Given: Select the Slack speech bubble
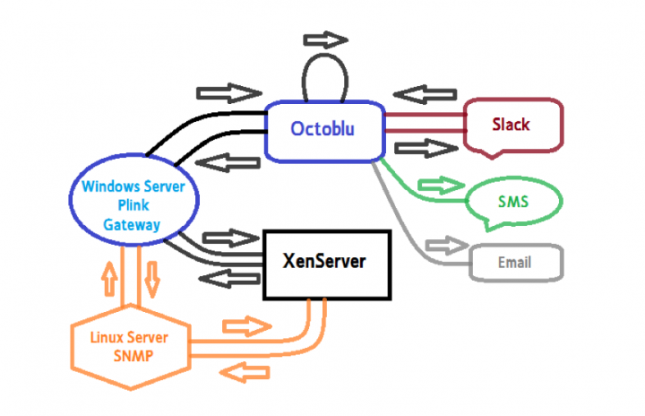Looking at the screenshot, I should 512,126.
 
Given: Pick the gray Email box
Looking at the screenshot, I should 515,264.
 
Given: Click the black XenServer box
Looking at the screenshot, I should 326,264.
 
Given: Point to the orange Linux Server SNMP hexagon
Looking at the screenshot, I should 130,347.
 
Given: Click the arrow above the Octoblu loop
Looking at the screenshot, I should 324,40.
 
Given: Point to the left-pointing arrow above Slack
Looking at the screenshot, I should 420,93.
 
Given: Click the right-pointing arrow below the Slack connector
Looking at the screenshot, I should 420,149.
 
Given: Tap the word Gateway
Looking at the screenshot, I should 132,225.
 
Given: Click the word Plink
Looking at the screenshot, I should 132,206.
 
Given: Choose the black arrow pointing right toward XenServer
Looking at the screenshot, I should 228,238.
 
